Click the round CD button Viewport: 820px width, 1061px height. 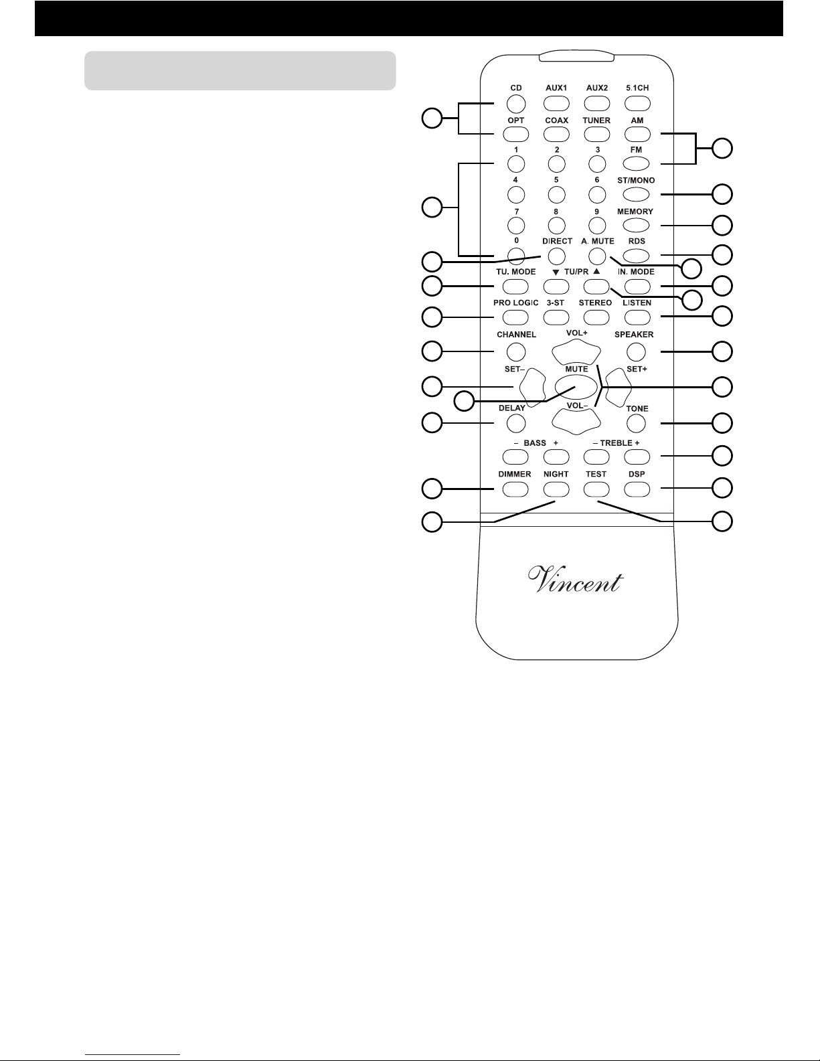516,104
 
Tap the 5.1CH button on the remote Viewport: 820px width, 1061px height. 637,104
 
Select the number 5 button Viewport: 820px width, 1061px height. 556,195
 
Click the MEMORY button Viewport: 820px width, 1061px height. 636,225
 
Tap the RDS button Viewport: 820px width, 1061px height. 636,255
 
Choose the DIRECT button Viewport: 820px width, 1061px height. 556,256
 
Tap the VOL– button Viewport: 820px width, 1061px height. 576,421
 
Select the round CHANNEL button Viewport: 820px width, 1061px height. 516,351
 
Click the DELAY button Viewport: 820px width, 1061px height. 516,423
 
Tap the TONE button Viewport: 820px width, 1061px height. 636,423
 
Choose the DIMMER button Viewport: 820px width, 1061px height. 515,489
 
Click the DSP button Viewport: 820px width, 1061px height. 637,489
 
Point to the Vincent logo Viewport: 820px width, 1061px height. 576,580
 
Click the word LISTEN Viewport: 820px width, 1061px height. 637,303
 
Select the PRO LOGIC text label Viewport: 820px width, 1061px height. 515,303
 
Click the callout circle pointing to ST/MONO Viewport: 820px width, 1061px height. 722,194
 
